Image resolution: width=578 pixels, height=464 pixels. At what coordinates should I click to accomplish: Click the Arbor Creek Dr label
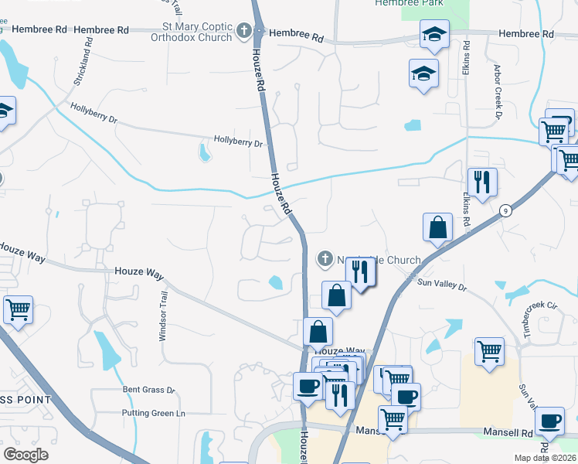pos(498,91)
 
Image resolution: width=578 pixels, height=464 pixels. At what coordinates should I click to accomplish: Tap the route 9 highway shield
pos(505,210)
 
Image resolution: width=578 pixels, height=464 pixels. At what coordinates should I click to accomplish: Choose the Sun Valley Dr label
pos(442,286)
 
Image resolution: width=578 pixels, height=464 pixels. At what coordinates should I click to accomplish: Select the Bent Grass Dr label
pos(149,391)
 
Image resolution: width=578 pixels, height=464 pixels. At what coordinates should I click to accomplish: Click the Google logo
pos(25,455)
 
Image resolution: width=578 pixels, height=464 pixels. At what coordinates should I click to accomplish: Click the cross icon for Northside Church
pos(325,259)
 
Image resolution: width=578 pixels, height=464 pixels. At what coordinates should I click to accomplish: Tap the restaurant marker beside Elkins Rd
pos(482,183)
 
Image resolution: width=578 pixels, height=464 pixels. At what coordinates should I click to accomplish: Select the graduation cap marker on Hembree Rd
pos(434,35)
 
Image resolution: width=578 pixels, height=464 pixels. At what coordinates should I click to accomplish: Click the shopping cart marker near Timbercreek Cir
pos(489,352)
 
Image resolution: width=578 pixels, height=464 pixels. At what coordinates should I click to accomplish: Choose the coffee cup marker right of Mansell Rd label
pos(549,421)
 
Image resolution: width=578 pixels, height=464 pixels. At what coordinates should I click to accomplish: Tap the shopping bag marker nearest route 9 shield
pos(437,227)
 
